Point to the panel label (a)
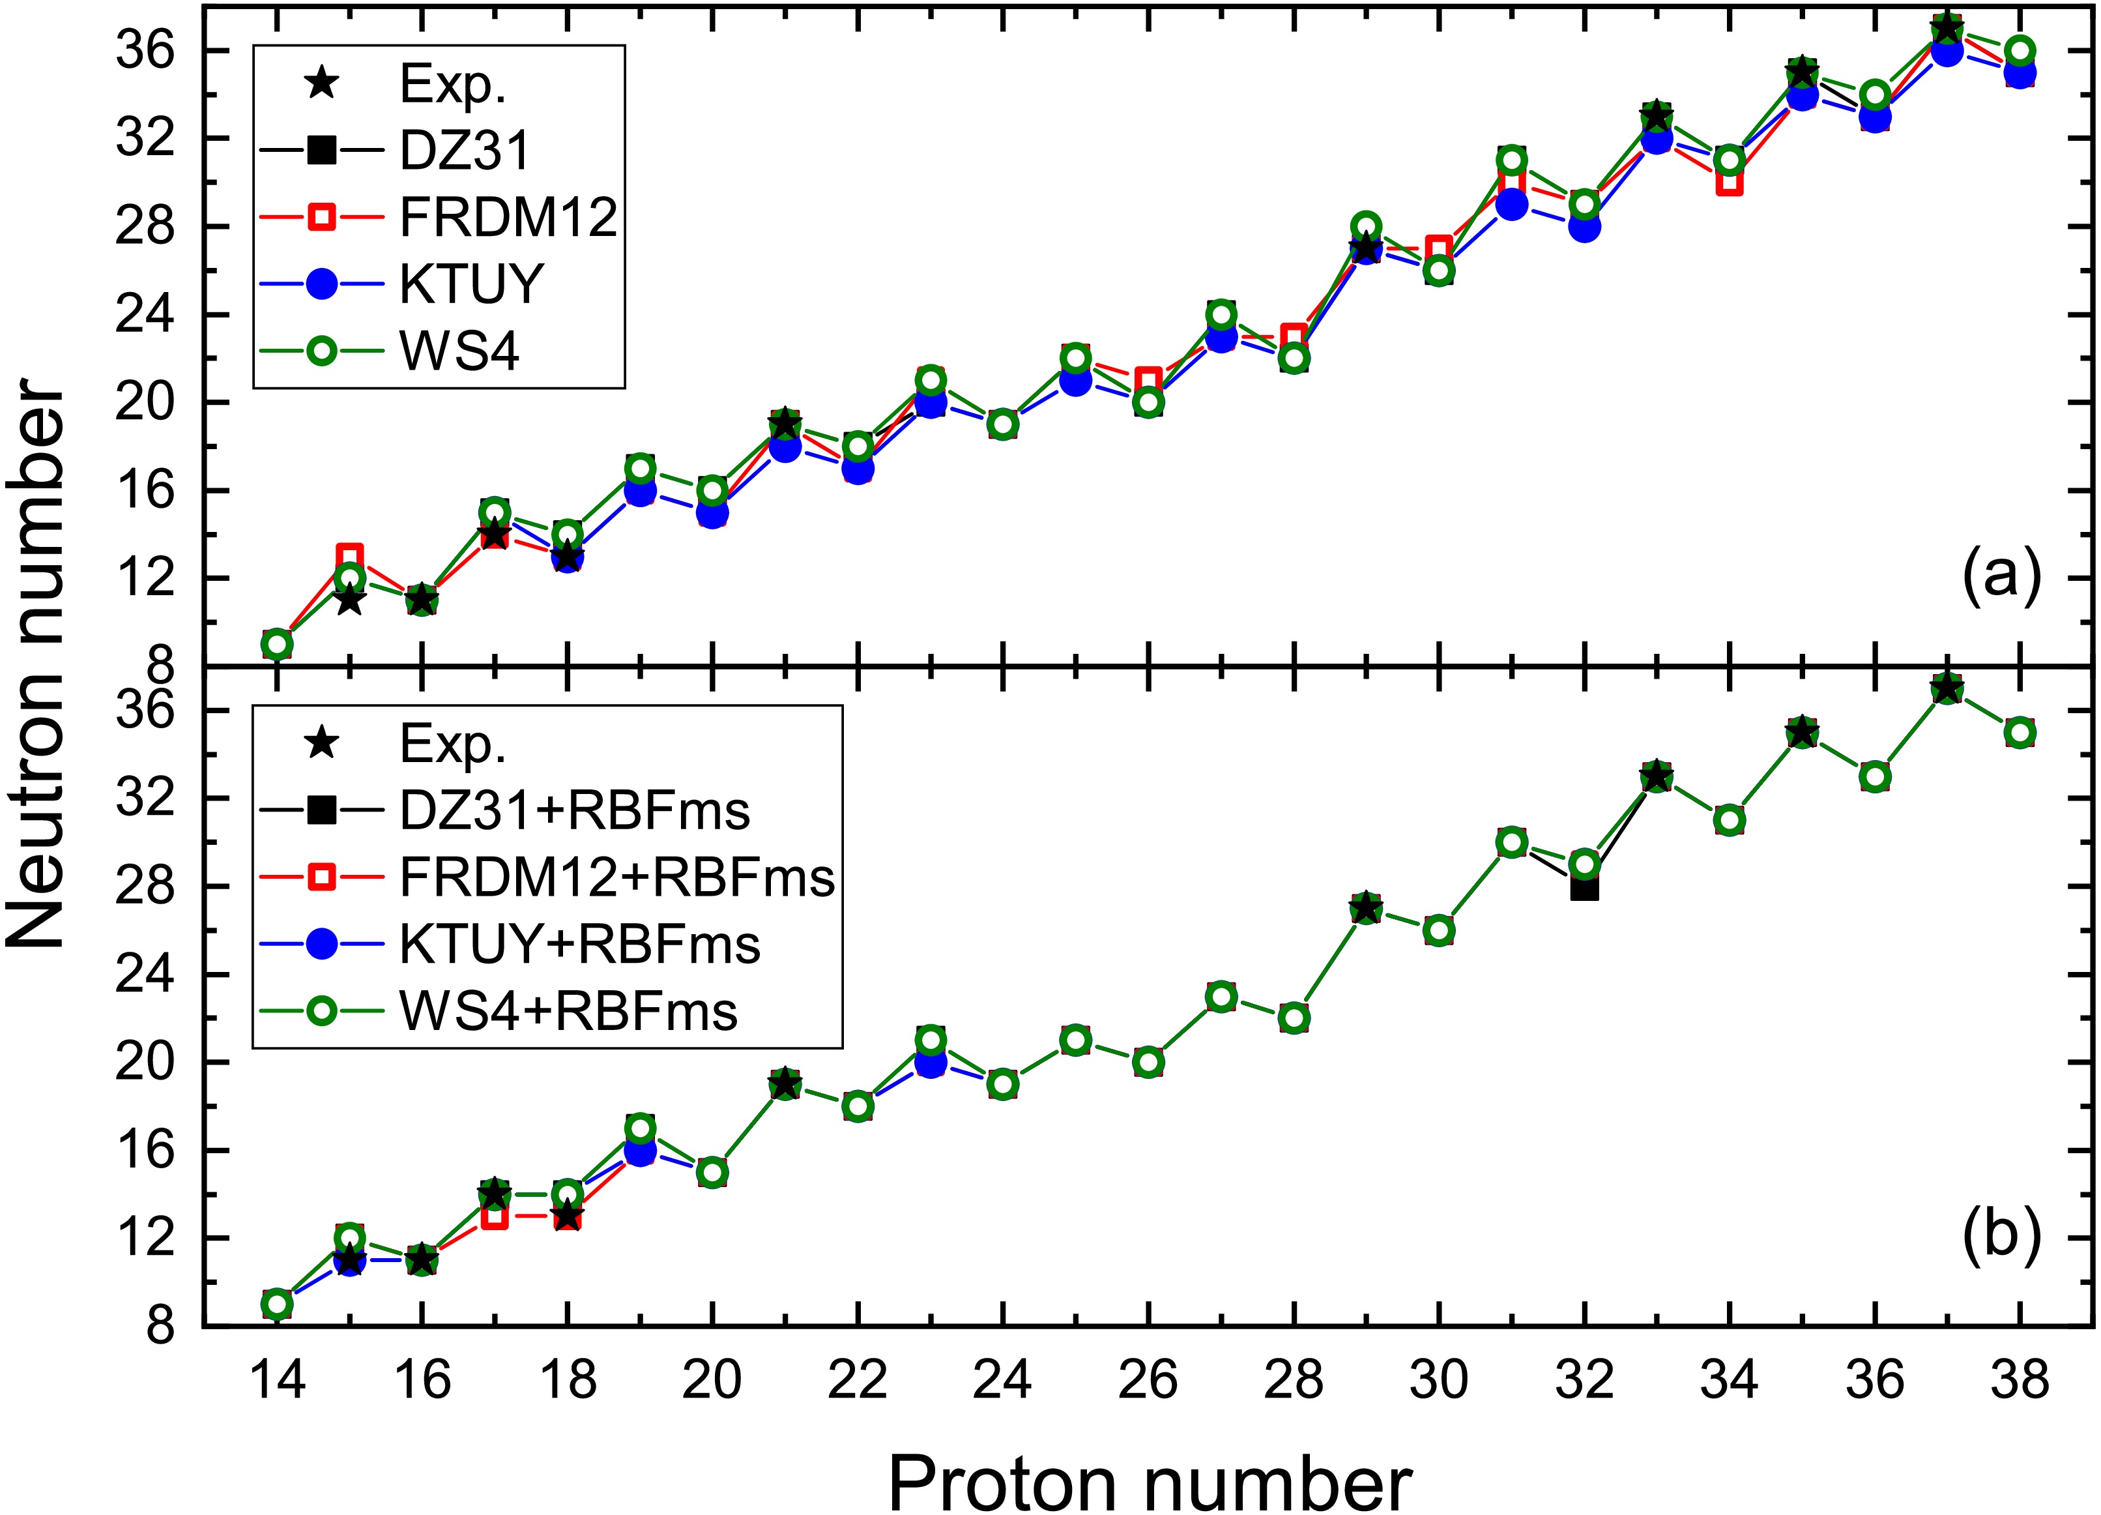click(2001, 576)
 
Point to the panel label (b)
click(2001, 1235)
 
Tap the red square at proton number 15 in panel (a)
click(349, 557)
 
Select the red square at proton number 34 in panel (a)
click(1729, 183)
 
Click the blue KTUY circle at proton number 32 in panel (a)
click(1584, 226)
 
